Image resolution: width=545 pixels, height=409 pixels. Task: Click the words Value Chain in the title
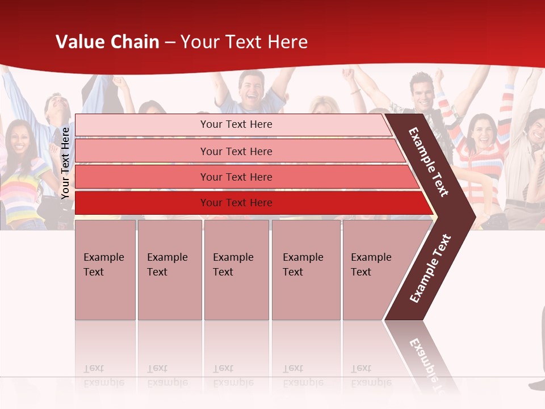(107, 42)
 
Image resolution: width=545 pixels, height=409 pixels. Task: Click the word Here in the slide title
(287, 42)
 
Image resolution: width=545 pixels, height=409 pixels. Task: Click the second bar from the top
(236, 151)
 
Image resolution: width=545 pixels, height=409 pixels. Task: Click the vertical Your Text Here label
(65, 163)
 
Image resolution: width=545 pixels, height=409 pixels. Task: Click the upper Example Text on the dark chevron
(429, 162)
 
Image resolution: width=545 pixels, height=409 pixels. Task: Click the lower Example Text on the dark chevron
(430, 269)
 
